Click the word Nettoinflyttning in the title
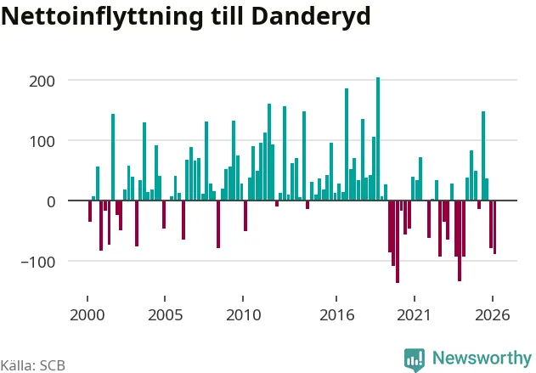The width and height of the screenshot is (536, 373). coord(103,17)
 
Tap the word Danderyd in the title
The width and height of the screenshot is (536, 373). coord(311,16)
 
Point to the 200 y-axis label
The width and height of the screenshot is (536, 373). coord(42,82)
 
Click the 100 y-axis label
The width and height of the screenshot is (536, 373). coord(42,142)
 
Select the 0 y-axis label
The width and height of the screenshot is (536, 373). coord(51,201)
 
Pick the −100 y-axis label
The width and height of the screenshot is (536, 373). coord(38,263)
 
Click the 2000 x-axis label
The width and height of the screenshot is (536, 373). coord(87,314)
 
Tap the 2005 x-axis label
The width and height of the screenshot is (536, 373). coord(165,314)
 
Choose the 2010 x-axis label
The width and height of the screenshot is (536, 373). coord(243,314)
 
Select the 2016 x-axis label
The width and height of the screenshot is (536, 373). coord(336,314)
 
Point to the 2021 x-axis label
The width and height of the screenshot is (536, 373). coord(414,314)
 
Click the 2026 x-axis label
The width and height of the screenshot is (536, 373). coord(492,314)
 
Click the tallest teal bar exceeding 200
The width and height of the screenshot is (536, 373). coord(378,138)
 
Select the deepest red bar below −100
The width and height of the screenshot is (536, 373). coord(398,241)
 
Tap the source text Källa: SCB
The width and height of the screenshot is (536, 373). coord(33,365)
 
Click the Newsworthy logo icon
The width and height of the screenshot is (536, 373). coord(415,359)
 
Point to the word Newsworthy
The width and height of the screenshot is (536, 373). coord(482,358)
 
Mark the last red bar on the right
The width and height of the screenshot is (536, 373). coord(494,227)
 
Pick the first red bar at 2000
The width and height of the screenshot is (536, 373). coord(90,211)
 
